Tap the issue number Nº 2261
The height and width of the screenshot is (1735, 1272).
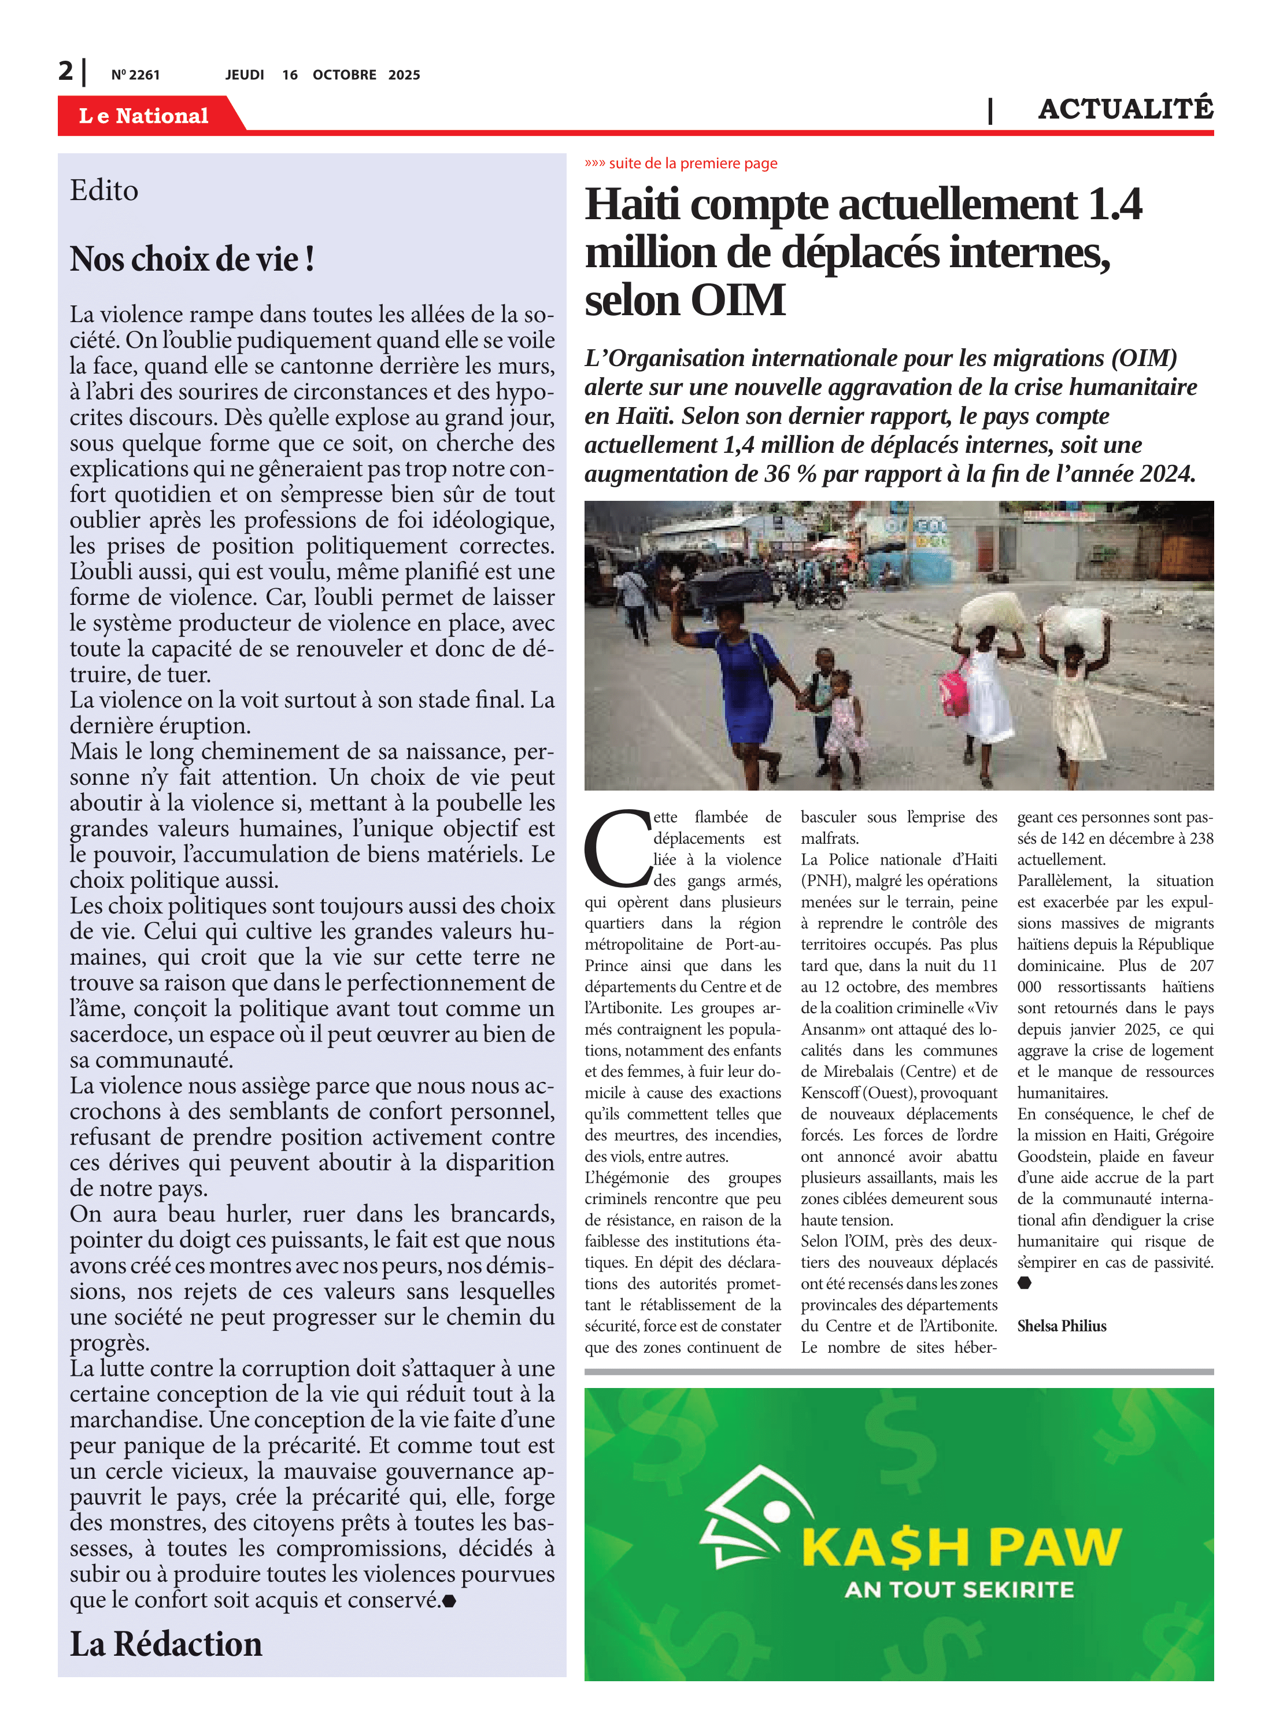[135, 75]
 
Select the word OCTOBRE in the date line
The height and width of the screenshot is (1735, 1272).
[344, 75]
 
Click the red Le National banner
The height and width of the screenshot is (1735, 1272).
[144, 116]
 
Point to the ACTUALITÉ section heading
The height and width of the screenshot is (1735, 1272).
[1125, 109]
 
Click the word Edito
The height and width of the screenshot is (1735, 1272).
[104, 190]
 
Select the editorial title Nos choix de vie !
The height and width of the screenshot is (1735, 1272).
[192, 259]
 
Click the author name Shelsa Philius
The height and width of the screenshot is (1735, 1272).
[1061, 1326]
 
